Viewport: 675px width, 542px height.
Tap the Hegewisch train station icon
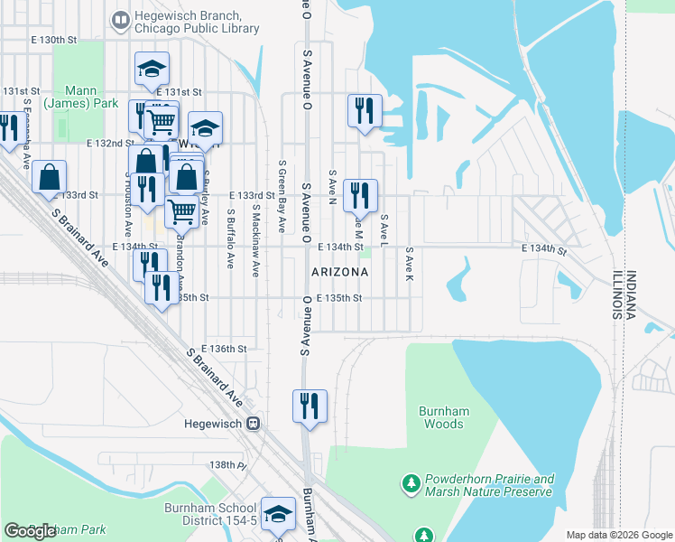pyautogui.click(x=254, y=422)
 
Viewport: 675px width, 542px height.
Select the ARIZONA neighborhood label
pyautogui.click(x=339, y=272)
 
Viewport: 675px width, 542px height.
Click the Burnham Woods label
pyautogui.click(x=444, y=417)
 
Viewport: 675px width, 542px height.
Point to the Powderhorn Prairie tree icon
pyautogui.click(x=411, y=484)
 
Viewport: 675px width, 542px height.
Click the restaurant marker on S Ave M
pyautogui.click(x=361, y=193)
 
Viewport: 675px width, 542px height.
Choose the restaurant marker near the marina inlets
pyautogui.click(x=362, y=110)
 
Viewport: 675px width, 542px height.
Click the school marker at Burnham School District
pyautogui.click(x=279, y=514)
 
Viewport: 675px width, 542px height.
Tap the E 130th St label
pyautogui.click(x=54, y=41)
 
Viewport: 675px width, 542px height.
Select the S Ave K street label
pyautogui.click(x=409, y=262)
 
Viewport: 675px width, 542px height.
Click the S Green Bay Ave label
pyautogui.click(x=282, y=197)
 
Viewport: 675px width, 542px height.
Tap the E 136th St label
pyautogui.click(x=224, y=349)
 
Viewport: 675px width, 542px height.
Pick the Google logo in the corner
pyautogui.click(x=30, y=531)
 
